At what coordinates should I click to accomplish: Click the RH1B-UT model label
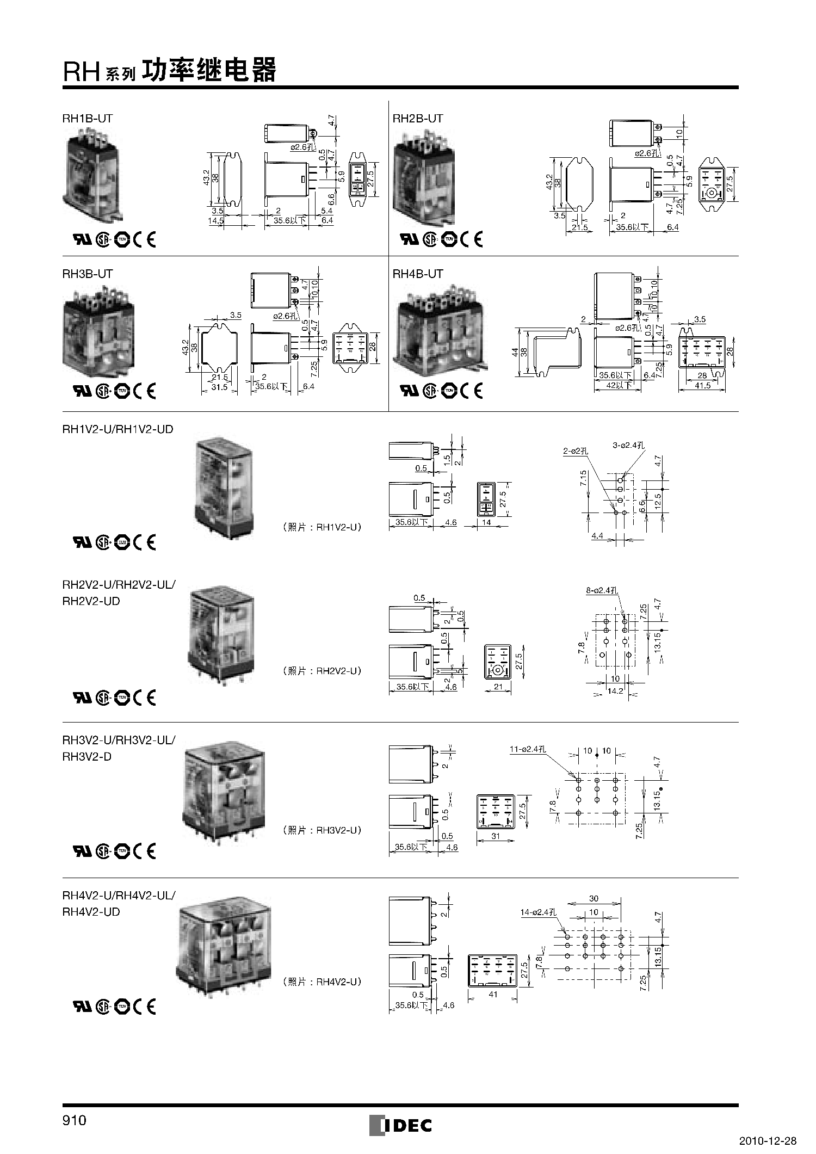coord(88,118)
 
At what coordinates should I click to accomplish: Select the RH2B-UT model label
coord(418,118)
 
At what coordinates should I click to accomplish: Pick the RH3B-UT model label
coord(88,274)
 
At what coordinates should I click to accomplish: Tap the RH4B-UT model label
coord(418,274)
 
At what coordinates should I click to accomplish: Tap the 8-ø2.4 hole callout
coord(602,590)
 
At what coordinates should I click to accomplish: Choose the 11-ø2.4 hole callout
coord(527,749)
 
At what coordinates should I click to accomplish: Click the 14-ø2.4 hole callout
coord(538,912)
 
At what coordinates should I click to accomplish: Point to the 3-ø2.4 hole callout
coord(628,445)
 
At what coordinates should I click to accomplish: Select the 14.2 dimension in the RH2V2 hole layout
coord(615,691)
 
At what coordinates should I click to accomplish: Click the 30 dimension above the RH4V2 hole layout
coord(594,899)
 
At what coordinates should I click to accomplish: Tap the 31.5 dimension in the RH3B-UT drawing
coord(219,387)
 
